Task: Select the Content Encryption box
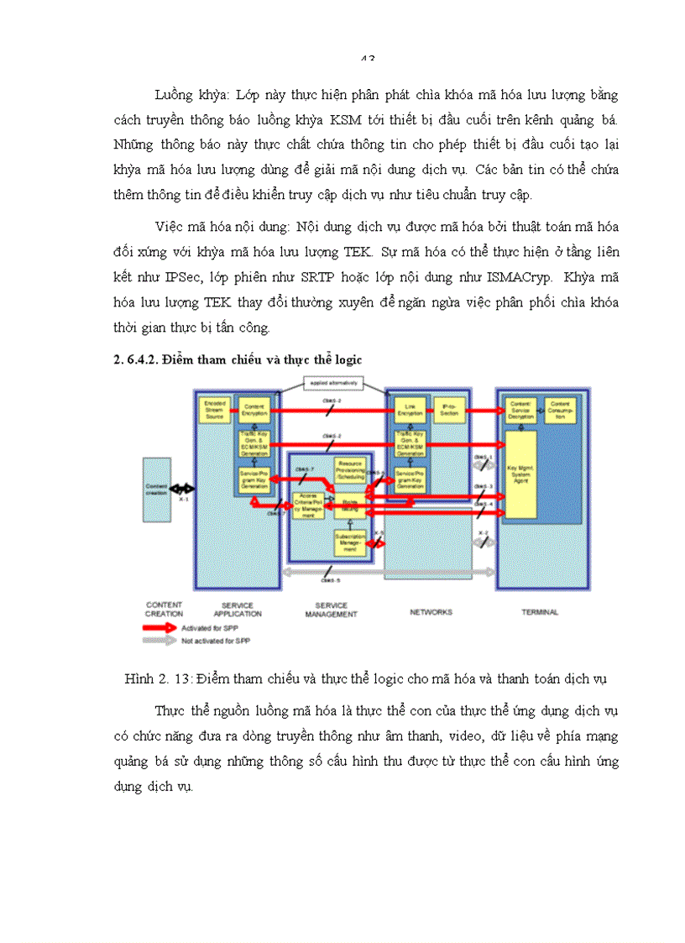coord(256,409)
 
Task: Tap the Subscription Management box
coord(349,542)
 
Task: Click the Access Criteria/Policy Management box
coord(309,505)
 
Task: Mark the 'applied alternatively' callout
coord(332,383)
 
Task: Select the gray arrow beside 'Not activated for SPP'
coord(161,641)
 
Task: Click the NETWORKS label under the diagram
coord(431,612)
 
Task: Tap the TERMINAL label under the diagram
coord(539,612)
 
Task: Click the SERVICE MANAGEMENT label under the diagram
coord(330,609)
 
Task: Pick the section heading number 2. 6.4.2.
coord(139,359)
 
